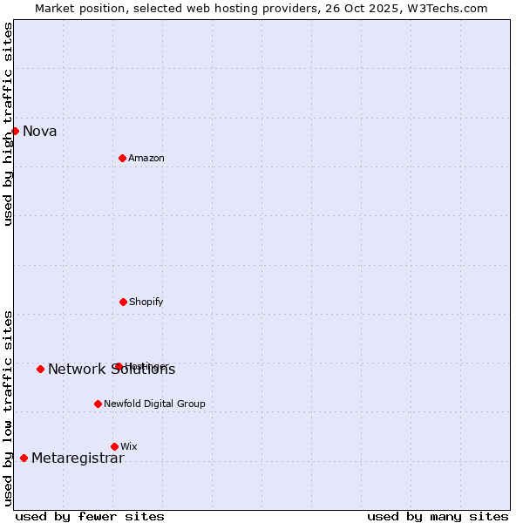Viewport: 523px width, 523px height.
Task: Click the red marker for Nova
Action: pyautogui.click(x=15, y=131)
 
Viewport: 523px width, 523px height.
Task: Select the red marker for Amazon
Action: pyautogui.click(x=122, y=158)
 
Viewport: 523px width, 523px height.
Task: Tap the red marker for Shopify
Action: pyautogui.click(x=123, y=302)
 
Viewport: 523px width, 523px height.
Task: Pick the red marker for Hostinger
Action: pyautogui.click(x=119, y=366)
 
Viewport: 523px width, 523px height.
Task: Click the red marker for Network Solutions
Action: pyautogui.click(x=40, y=369)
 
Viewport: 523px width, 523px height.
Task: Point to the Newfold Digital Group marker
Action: pyautogui.click(x=98, y=404)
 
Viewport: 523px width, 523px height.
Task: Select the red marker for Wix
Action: pyautogui.click(x=114, y=446)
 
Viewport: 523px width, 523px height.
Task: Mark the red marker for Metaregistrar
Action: pyautogui.click(x=24, y=458)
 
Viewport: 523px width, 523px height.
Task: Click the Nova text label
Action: pyautogui.click(x=40, y=132)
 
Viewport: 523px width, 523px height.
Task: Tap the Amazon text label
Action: pyautogui.click(x=146, y=159)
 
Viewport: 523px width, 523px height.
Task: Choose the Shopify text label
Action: pyautogui.click(x=146, y=302)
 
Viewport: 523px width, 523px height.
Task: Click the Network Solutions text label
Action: pyautogui.click(x=112, y=370)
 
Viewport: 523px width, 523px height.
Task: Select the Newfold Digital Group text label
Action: pyautogui.click(x=155, y=404)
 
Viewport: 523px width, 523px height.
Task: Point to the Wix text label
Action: pyautogui.click(x=129, y=447)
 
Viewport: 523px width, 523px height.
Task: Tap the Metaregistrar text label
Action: pyautogui.click(x=78, y=458)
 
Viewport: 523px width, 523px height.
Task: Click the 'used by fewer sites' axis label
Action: pyautogui.click(x=90, y=517)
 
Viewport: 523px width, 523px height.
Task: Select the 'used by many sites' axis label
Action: pyautogui.click(x=438, y=517)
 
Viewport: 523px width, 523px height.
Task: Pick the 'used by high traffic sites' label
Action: pyautogui.click(x=8, y=124)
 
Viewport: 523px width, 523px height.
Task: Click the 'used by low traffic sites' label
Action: pyautogui.click(x=8, y=408)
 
